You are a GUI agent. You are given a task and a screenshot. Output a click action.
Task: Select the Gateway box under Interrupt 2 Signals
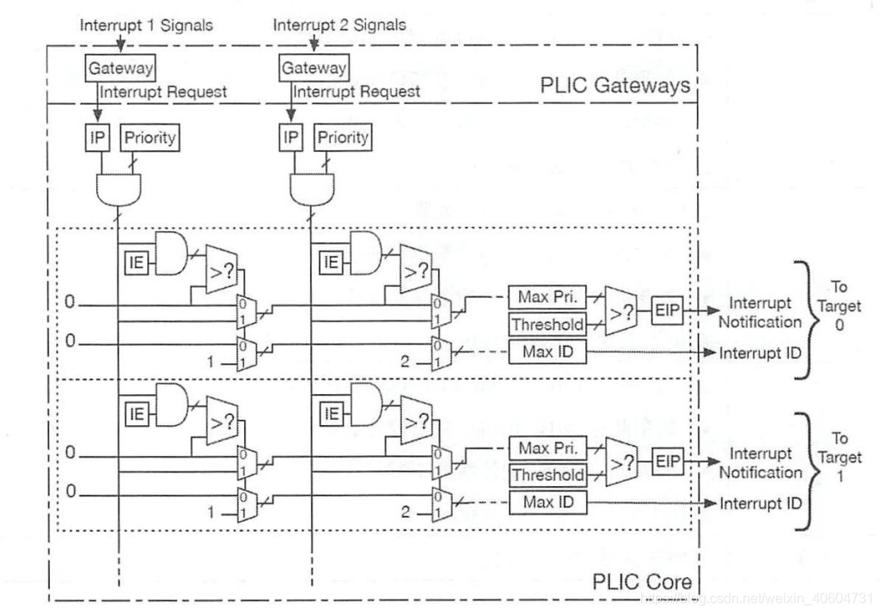(314, 67)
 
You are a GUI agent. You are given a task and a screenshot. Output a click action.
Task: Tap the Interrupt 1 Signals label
(145, 24)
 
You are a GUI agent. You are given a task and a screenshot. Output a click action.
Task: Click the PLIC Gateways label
(614, 86)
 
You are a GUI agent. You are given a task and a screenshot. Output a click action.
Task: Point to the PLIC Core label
(642, 581)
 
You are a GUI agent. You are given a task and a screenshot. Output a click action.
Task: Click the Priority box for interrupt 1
(150, 137)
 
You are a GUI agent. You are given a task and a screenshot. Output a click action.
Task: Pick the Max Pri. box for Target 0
(547, 298)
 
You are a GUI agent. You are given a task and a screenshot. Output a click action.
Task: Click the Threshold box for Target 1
(547, 475)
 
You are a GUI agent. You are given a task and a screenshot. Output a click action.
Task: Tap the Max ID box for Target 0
(547, 351)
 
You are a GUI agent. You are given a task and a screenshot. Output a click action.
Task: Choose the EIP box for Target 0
(668, 310)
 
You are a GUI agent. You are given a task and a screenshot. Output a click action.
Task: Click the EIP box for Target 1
(668, 460)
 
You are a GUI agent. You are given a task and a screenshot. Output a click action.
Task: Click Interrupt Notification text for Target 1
(761, 463)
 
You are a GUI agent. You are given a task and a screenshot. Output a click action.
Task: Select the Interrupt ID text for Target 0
(761, 353)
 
